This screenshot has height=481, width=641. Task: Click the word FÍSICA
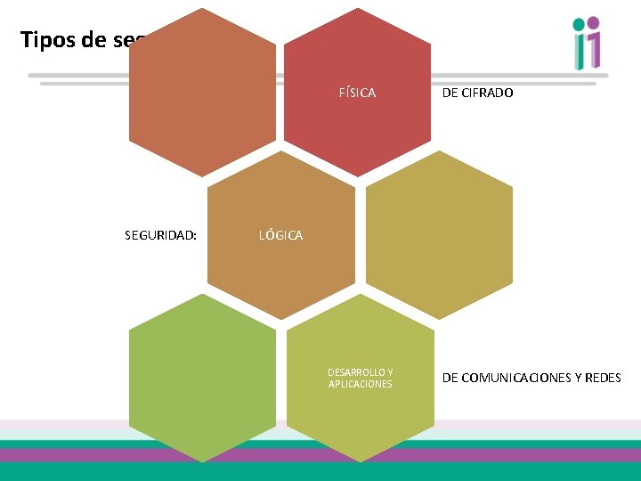tap(357, 93)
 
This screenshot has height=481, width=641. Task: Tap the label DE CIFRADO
tap(477, 93)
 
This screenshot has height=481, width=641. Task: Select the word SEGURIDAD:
tap(160, 235)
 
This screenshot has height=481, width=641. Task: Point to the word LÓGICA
tap(280, 235)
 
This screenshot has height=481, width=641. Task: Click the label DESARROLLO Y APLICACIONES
tap(360, 378)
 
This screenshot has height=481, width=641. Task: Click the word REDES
tap(603, 378)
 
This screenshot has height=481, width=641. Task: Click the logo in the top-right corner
tap(588, 43)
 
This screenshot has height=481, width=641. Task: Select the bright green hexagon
tap(202, 378)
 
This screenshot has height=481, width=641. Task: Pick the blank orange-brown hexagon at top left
tap(202, 93)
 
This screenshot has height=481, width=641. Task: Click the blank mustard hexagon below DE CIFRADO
tap(440, 235)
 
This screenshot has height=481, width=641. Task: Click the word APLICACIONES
tap(360, 384)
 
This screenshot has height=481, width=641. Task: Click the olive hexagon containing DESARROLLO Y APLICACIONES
tap(360, 419)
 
